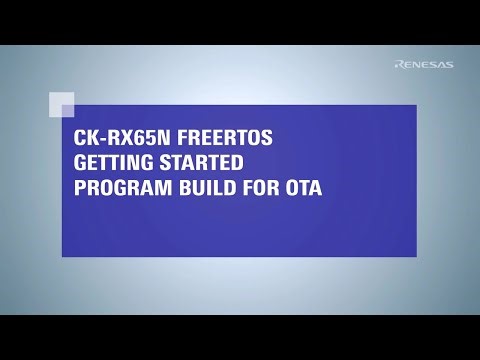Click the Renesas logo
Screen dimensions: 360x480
pyautogui.click(x=424, y=65)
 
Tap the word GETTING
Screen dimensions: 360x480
pyautogui.click(x=110, y=163)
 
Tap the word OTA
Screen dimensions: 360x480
pyautogui.click(x=304, y=186)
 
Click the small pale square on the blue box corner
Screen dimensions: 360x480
pyautogui.click(x=61, y=105)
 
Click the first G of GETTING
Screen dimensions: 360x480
pyautogui.click(x=80, y=163)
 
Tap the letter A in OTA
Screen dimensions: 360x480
pyautogui.click(x=316, y=186)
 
